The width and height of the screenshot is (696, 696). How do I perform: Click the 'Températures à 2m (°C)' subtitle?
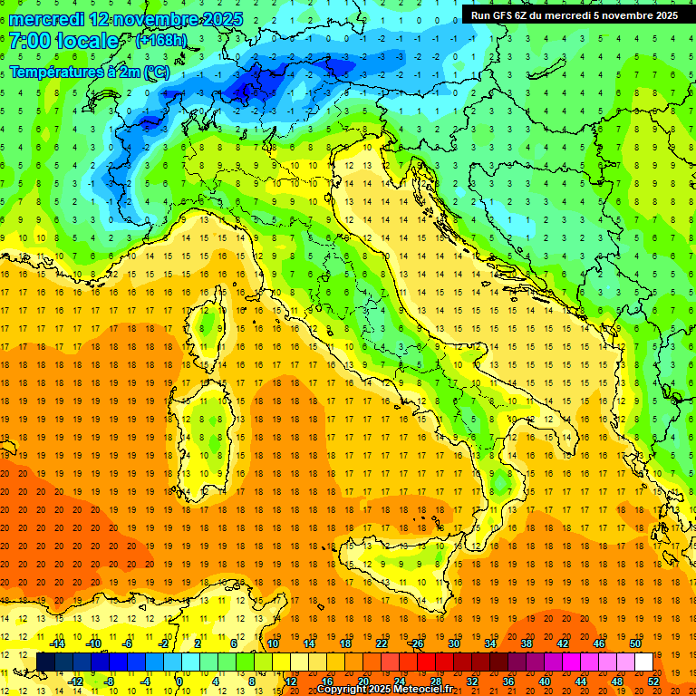89,72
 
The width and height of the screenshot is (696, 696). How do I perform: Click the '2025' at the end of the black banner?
662,15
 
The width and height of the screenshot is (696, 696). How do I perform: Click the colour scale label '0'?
179,681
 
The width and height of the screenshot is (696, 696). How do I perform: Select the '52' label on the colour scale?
653,681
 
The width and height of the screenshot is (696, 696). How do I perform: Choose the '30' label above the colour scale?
453,643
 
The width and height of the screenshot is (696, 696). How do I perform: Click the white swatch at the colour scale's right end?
644,662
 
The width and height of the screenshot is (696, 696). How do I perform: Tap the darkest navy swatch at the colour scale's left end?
46,662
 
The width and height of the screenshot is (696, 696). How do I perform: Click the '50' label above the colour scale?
635,643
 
